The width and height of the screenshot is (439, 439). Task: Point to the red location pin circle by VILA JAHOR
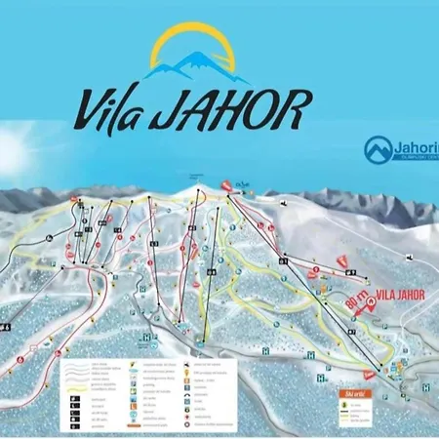tap(371, 305)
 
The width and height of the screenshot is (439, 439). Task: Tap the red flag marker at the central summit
tap(225, 183)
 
